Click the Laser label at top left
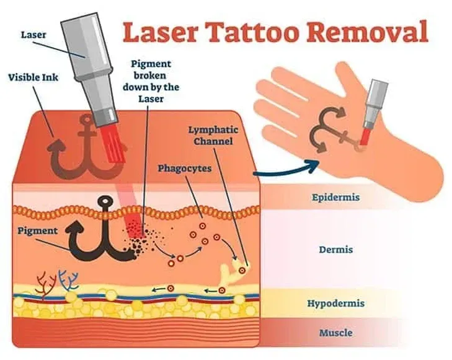pos(33,35)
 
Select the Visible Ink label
pos(33,77)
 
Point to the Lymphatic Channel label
pos(213,135)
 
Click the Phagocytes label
pos(185,168)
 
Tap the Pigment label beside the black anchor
pos(37,231)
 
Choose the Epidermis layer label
pos(336,198)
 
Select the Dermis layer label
pos(336,250)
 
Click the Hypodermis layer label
pos(336,303)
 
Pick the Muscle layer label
pos(336,333)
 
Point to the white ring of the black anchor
pos(107,200)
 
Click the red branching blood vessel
pos(46,285)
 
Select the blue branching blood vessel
pos(68,280)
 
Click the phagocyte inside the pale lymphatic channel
pos(242,270)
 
